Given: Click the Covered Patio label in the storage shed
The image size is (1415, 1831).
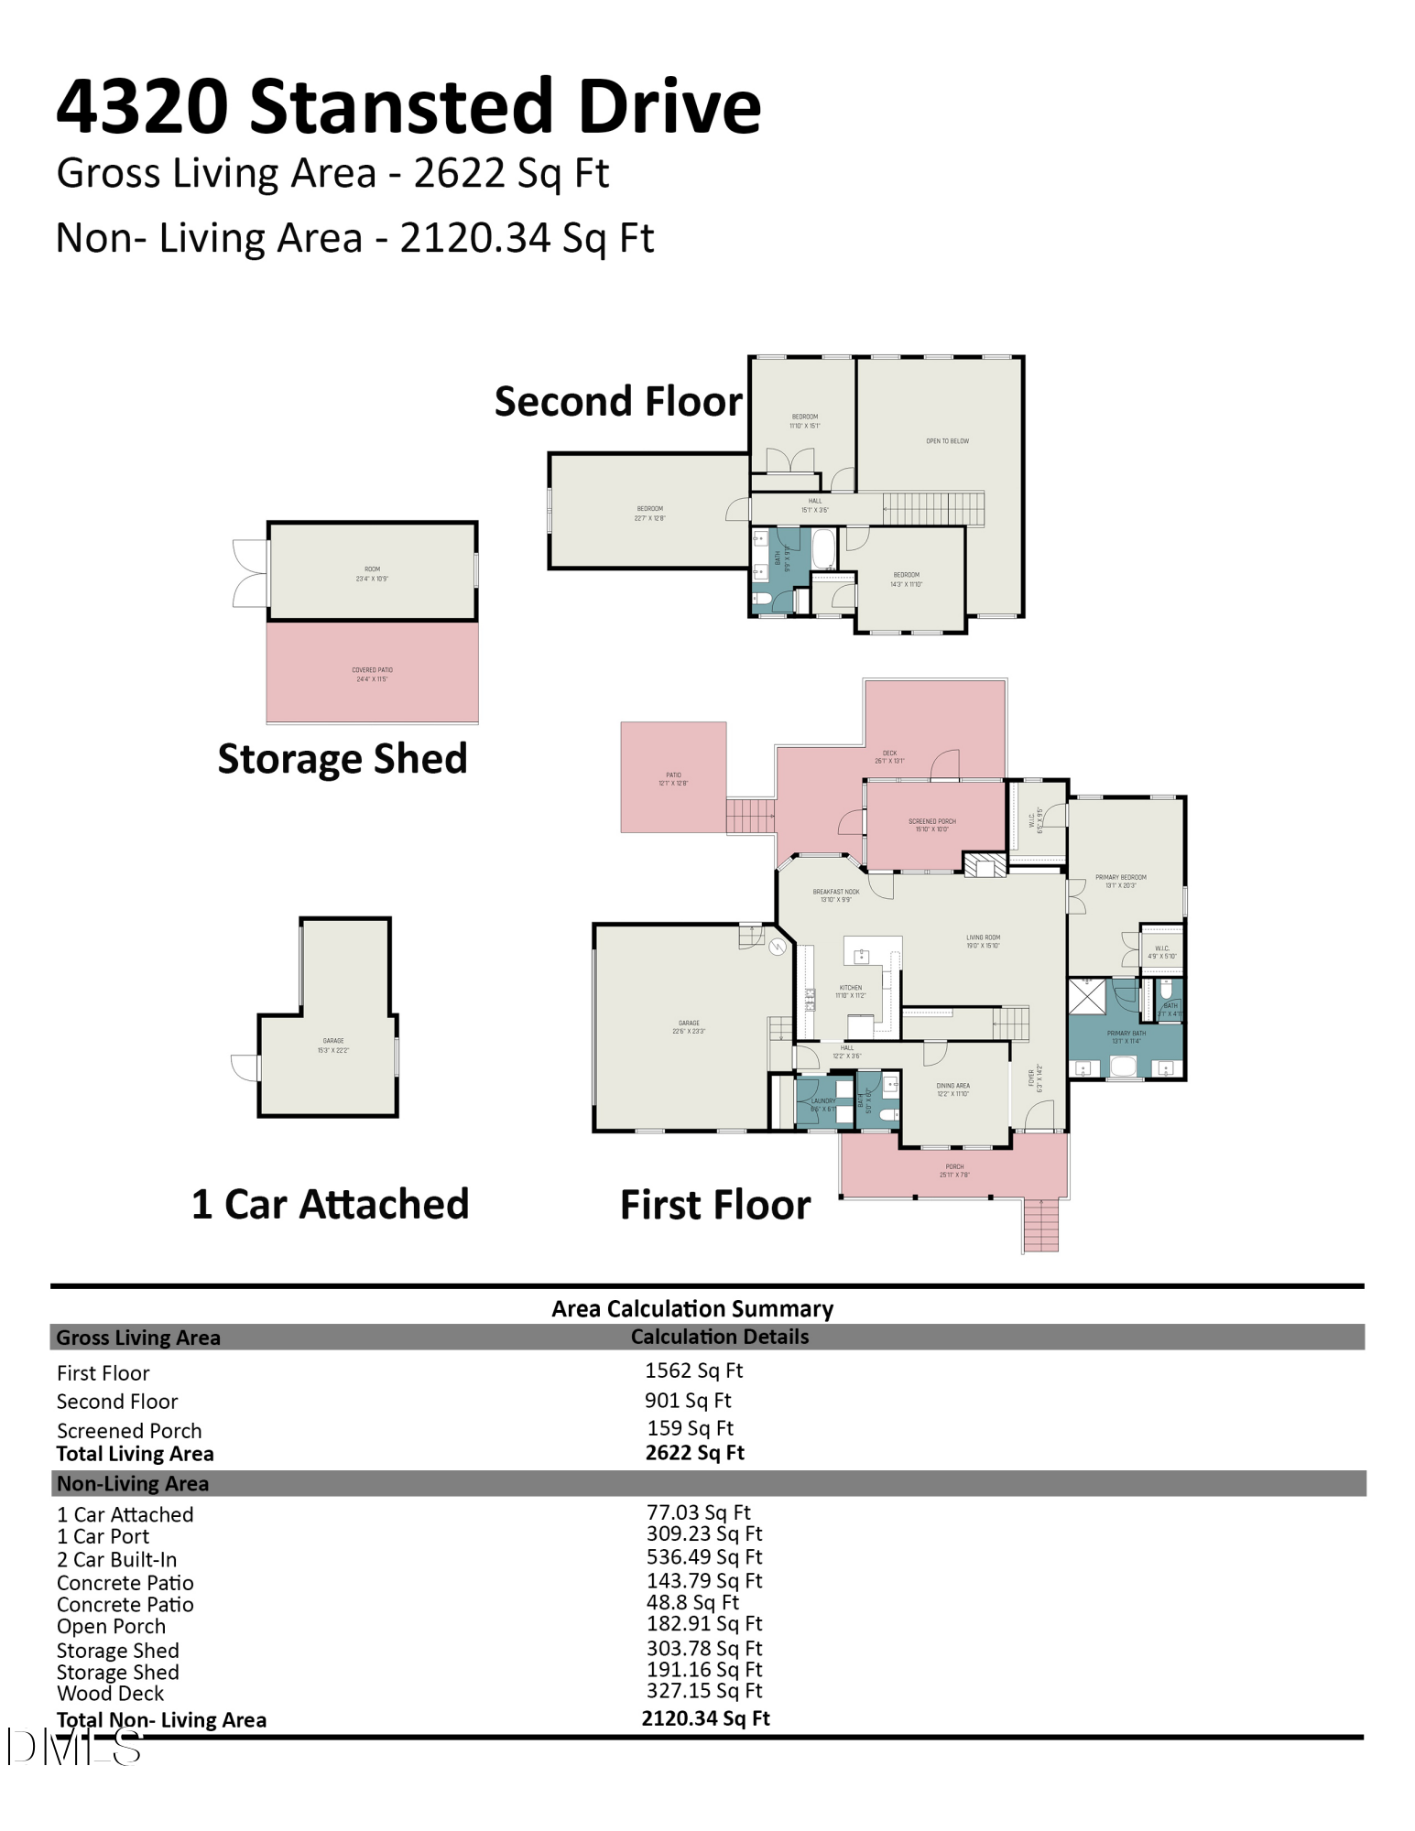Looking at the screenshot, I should pos(372,675).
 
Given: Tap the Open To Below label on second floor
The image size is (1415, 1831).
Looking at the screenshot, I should pos(947,441).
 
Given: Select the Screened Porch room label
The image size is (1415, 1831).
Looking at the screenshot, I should pos(931,825).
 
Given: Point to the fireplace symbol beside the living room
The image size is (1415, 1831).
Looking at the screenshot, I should pos(984,865).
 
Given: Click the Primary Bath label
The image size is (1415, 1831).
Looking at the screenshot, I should pos(1126,1036).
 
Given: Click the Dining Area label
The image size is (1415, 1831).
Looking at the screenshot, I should pos(952,1089).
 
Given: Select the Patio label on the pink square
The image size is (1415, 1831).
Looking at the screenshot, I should pos(673,778).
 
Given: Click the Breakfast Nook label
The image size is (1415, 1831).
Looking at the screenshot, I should pos(835,895).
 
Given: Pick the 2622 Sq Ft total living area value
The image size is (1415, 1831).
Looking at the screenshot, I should pos(694,1453).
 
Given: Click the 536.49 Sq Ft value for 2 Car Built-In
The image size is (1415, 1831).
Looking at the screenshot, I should pos(703,1557).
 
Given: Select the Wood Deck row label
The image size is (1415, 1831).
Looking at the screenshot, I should pos(110,1694).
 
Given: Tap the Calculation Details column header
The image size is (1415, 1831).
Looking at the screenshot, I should pos(719,1337).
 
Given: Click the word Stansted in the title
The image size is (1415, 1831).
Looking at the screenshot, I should pos(399,106).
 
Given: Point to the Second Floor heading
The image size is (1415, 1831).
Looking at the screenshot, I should pos(618,401).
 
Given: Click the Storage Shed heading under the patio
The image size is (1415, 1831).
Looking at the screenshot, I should pos(342,758).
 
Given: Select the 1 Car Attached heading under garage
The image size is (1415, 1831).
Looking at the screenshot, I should pos(330,1204).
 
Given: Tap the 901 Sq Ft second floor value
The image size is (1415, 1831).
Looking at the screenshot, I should pos(687,1400).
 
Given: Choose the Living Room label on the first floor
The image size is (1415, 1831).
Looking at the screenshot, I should pos(983,941).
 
